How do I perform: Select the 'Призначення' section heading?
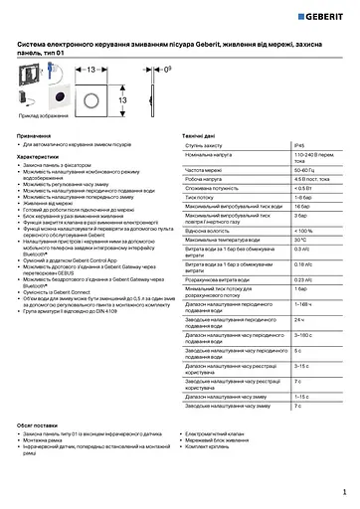point(35,133)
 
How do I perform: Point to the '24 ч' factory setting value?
point(299,319)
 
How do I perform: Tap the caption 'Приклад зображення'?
point(37,115)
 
